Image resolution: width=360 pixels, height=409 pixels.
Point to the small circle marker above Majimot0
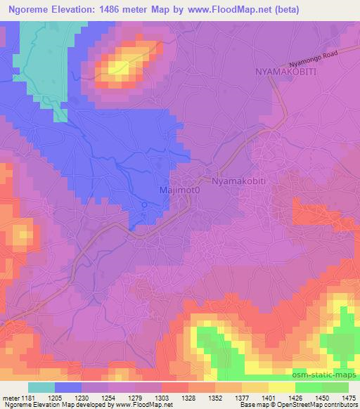(x=144, y=205)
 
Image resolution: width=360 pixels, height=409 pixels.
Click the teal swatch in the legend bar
(x=41, y=387)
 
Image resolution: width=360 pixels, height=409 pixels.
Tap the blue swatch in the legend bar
(x=68, y=387)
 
